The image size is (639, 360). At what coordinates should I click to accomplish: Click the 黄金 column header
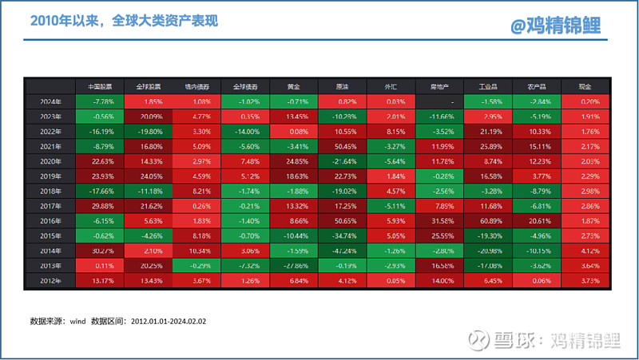294,86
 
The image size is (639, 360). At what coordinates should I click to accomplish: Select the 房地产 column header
440,86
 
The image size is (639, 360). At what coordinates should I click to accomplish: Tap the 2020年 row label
50,160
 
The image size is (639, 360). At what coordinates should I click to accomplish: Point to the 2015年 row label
50,235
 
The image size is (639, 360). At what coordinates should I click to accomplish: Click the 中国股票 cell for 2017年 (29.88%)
99,204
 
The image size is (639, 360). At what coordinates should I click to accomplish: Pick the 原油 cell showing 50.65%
343,220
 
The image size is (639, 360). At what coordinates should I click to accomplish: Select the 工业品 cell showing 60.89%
489,220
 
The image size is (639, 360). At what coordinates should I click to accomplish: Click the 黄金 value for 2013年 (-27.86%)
294,264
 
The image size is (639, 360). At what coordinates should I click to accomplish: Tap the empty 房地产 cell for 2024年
440,101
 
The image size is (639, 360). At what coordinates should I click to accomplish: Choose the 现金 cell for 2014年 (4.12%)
586,250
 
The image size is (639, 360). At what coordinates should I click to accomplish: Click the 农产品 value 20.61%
538,220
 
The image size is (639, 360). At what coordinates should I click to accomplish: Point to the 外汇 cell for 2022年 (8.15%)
391,130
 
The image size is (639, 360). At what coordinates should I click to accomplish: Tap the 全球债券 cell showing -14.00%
245,130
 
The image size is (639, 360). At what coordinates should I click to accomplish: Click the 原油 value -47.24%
343,250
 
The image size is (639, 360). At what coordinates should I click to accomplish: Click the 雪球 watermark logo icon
478,341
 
